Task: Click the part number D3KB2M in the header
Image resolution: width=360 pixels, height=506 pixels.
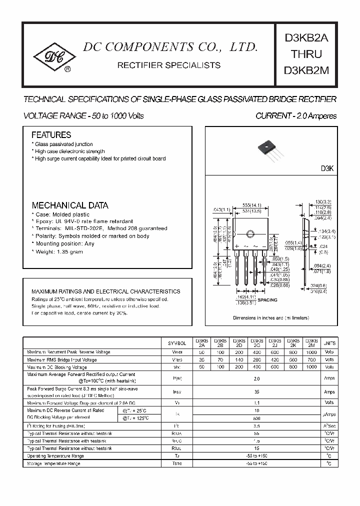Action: tap(306, 70)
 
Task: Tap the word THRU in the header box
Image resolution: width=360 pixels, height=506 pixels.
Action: tap(306, 54)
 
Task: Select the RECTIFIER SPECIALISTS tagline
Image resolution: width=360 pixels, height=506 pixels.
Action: tap(168, 65)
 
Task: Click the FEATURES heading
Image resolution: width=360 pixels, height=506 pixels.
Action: tap(51, 135)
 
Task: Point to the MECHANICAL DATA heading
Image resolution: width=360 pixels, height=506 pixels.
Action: tap(69, 205)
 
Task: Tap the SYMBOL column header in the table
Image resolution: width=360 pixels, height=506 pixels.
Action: tap(176, 343)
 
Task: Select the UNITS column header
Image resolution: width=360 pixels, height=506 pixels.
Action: tap(329, 343)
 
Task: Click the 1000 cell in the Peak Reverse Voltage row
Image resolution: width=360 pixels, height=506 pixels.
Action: tap(310, 352)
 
